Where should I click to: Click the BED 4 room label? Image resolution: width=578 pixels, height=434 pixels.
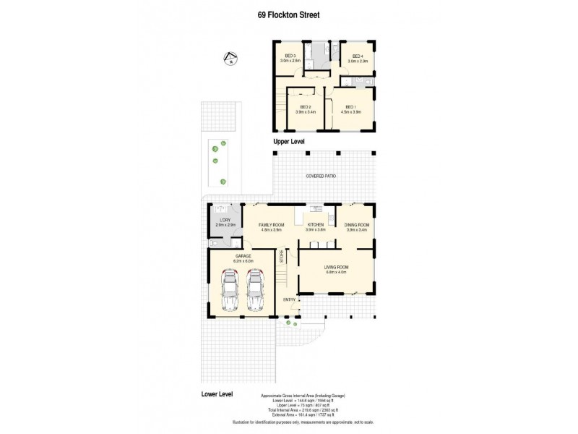(x=358, y=56)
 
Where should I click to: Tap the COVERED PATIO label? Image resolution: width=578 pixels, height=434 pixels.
(x=321, y=176)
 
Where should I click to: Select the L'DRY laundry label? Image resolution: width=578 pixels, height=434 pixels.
(x=226, y=220)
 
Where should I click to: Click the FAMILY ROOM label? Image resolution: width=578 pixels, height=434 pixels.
(x=272, y=225)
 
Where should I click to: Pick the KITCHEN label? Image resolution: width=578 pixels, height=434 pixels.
(x=316, y=225)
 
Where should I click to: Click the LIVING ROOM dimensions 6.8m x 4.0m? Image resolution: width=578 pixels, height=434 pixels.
(x=337, y=273)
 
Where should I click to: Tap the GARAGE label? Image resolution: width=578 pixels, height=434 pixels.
(x=242, y=255)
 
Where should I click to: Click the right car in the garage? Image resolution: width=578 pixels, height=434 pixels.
(x=254, y=289)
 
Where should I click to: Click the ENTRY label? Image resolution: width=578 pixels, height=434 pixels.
(x=289, y=299)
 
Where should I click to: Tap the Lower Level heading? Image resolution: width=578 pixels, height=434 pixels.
(x=217, y=394)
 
